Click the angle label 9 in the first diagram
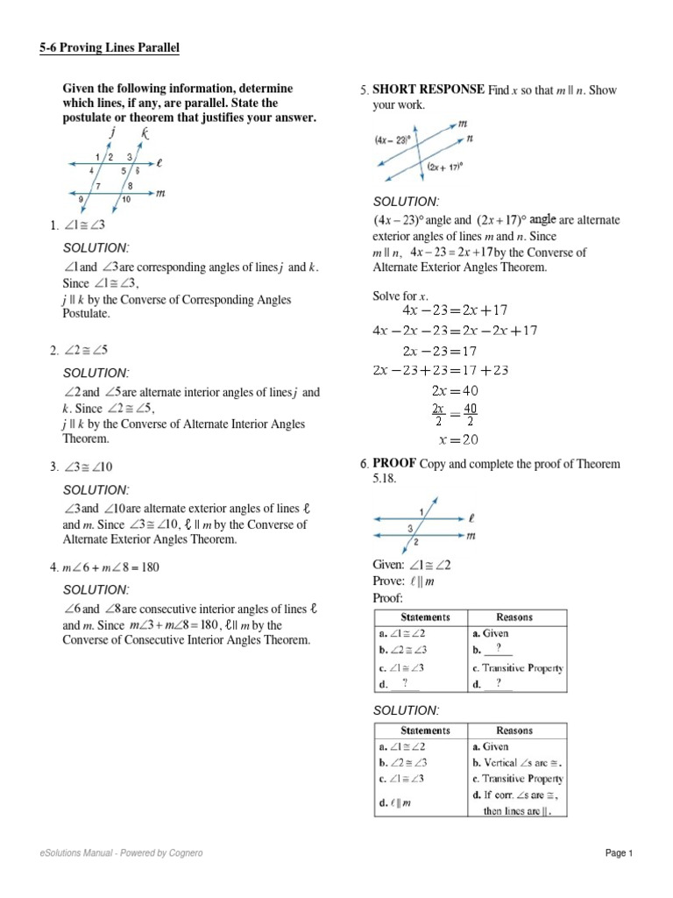click(82, 199)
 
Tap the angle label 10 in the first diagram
click(126, 200)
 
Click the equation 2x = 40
click(455, 390)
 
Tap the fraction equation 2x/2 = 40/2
click(455, 414)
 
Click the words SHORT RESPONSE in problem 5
click(429, 89)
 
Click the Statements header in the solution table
click(425, 730)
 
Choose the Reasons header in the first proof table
click(514, 616)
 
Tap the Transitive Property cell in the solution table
click(517, 778)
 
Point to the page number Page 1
click(618, 853)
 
